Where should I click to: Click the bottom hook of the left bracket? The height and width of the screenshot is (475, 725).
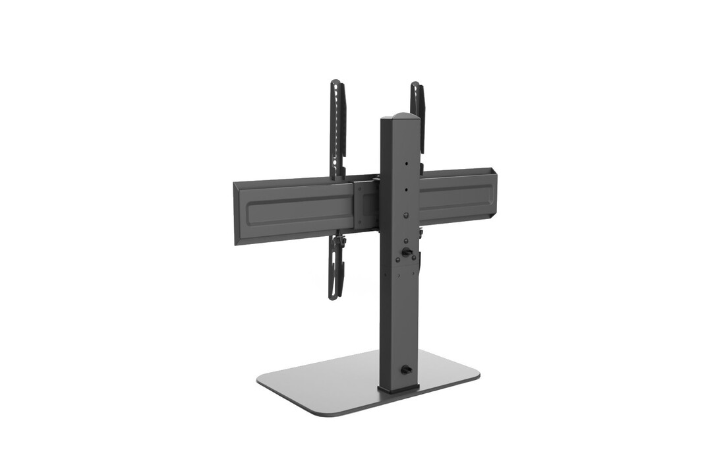(x=335, y=294)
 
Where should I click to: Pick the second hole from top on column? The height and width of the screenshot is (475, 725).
(x=407, y=189)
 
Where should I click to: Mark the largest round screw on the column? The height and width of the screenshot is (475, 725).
(x=407, y=216)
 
